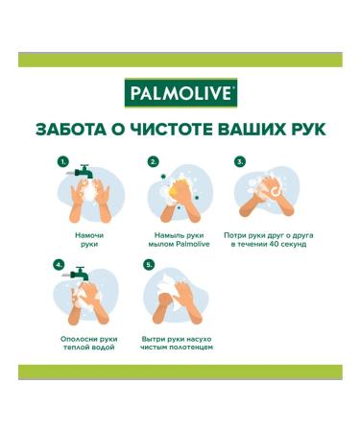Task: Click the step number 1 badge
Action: click(x=62, y=161)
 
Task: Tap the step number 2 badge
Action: click(x=152, y=161)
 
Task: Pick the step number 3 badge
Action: click(x=240, y=161)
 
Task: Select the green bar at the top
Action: click(x=180, y=60)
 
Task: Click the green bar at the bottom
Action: click(x=180, y=372)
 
